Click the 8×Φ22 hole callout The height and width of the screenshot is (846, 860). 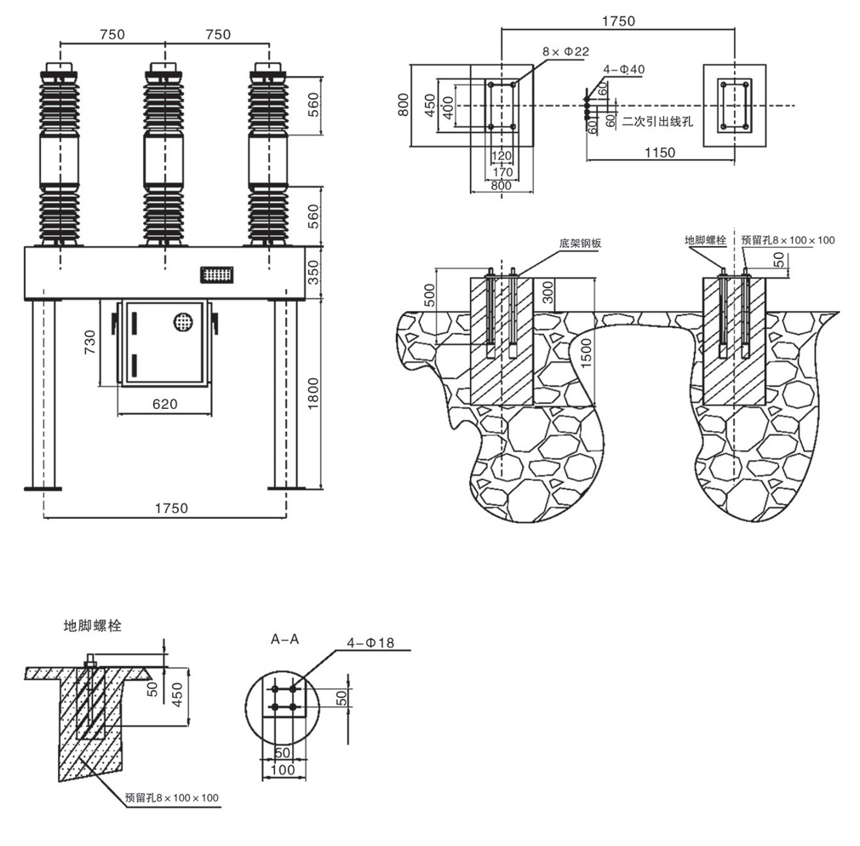565,52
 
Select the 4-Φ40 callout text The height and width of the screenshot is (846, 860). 623,70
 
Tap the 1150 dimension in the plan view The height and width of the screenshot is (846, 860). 659,153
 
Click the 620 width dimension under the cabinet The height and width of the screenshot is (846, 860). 165,405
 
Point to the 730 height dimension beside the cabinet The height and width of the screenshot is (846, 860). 90,342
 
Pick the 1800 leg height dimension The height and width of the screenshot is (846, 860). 313,394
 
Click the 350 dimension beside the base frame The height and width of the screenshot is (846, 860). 313,273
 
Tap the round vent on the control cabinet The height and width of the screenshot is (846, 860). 183,321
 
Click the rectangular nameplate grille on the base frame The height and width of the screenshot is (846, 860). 216,274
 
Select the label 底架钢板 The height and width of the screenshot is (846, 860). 580,243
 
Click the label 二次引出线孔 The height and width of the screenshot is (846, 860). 657,121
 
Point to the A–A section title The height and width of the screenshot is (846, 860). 285,639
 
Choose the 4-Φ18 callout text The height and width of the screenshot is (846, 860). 370,642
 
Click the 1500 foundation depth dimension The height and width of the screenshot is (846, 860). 587,354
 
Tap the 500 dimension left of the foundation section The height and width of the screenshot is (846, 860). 430,295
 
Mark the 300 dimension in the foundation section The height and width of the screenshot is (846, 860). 548,292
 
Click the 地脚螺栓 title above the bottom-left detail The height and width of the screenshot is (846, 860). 92,625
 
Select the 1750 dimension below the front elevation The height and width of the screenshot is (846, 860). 171,509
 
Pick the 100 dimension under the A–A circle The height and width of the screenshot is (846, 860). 283,769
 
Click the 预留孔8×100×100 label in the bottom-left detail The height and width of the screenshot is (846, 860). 172,797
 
